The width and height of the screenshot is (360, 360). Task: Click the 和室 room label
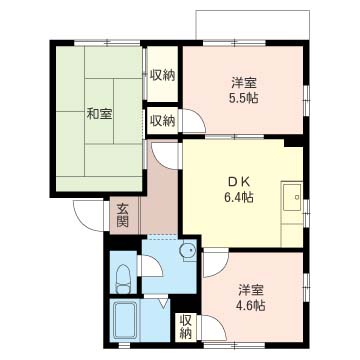point(99,114)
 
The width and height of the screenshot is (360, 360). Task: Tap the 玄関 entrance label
point(122,215)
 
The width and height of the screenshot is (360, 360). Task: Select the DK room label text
point(238,183)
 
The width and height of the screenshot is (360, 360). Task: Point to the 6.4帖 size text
point(238,198)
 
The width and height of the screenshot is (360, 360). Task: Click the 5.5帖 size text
point(243,98)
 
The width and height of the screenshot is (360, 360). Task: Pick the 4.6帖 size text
point(251,305)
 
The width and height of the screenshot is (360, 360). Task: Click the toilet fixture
point(122,278)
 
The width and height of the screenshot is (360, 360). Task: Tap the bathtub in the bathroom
point(125,320)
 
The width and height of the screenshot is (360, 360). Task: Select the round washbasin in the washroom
point(187,250)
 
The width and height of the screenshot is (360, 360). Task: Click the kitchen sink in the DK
point(292,197)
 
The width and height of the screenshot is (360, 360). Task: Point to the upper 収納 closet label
point(162,75)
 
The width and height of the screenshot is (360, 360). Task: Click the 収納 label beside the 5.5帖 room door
point(162,121)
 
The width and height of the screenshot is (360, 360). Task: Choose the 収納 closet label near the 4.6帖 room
point(186,327)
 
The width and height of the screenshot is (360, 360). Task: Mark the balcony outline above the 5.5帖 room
point(253,11)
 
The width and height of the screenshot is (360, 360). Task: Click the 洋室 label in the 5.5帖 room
point(243,83)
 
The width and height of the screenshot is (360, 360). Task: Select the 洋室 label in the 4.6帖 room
point(251,290)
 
